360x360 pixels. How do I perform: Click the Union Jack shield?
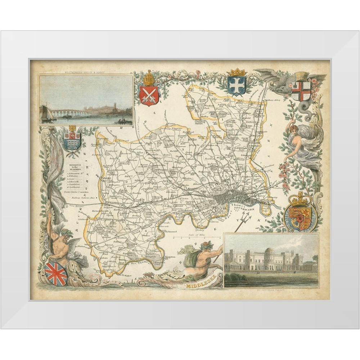(x=56, y=273)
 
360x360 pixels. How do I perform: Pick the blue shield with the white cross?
(x=236, y=86)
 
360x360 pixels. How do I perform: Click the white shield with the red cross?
(x=301, y=91)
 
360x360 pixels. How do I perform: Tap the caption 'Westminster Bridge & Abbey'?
(x=86, y=72)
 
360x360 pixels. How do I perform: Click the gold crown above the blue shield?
(x=236, y=72)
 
